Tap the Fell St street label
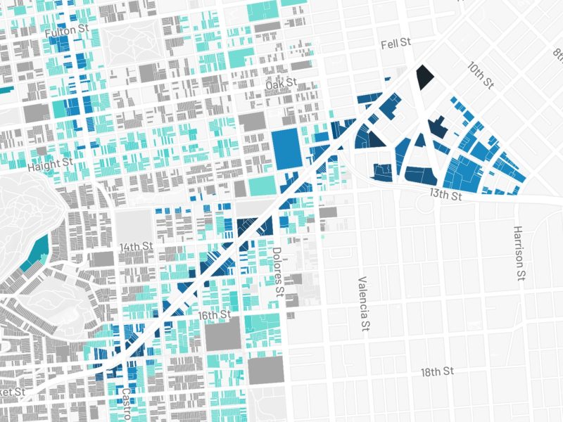(396, 44)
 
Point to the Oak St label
(279, 85)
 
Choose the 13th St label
(445, 194)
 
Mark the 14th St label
(136, 247)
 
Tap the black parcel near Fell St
(424, 76)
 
